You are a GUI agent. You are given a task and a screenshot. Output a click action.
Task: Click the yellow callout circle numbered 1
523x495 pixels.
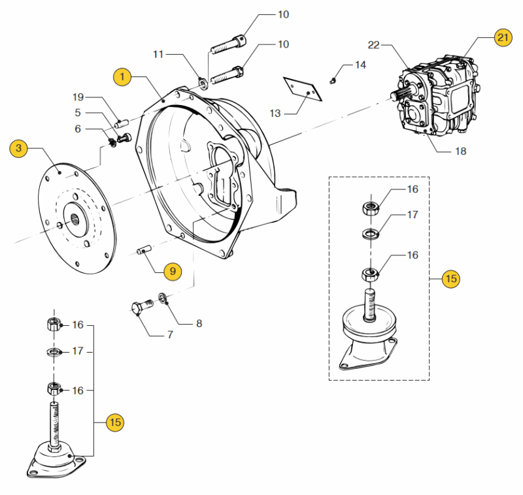click(122, 77)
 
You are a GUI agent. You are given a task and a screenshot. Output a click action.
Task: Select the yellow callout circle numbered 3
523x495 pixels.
click(19, 149)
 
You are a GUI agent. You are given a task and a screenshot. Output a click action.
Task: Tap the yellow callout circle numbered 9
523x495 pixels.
click(173, 270)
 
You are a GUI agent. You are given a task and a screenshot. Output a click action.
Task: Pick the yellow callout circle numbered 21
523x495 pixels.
click(503, 38)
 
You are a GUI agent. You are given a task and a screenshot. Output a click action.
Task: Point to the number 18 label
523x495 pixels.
click(461, 151)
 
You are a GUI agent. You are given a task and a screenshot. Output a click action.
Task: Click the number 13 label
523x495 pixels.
click(275, 113)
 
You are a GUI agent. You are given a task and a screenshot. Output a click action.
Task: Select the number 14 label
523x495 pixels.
click(361, 65)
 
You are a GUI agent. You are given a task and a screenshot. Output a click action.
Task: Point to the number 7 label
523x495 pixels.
click(169, 335)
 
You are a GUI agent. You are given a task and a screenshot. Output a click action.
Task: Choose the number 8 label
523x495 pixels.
click(199, 323)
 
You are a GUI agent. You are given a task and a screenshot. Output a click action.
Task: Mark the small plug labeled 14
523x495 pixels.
click(333, 80)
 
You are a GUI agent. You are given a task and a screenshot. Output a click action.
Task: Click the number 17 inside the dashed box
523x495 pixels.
click(413, 214)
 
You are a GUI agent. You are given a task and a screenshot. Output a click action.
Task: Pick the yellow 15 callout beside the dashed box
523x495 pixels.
click(450, 279)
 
